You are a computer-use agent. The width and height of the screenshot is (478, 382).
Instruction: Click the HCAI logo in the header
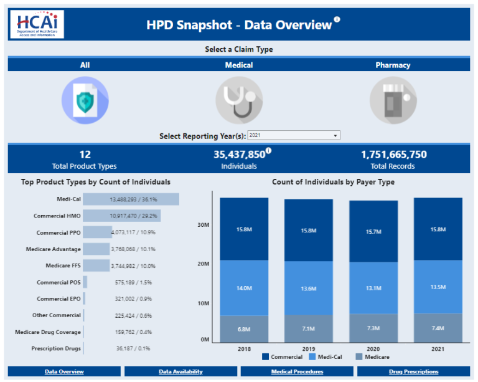click(37, 24)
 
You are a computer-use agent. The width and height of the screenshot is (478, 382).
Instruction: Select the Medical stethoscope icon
click(239, 100)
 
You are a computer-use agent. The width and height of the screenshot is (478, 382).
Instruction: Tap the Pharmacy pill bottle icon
click(393, 100)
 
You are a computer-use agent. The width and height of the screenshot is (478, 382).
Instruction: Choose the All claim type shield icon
click(85, 100)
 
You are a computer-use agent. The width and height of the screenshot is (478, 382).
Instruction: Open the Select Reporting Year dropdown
click(294, 135)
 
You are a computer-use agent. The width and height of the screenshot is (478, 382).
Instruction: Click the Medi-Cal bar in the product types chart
click(131, 199)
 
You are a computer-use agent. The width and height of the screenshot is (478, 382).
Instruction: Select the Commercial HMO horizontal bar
click(122, 216)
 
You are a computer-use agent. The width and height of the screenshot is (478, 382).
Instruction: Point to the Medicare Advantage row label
click(54, 249)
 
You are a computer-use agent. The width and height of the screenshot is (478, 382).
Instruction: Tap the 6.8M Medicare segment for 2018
click(245, 328)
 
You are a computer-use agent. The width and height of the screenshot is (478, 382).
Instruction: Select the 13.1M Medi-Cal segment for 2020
click(373, 288)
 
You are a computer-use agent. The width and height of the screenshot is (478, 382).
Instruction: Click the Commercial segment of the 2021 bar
click(438, 229)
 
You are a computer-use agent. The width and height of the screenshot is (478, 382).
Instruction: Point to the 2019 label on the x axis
click(309, 348)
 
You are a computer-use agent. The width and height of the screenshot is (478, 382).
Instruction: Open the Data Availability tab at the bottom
click(180, 372)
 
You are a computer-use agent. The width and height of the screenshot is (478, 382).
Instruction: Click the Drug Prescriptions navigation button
click(413, 372)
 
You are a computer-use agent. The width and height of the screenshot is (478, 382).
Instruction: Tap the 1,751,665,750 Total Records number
click(394, 155)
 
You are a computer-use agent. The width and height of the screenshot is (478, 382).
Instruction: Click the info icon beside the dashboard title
click(337, 20)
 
